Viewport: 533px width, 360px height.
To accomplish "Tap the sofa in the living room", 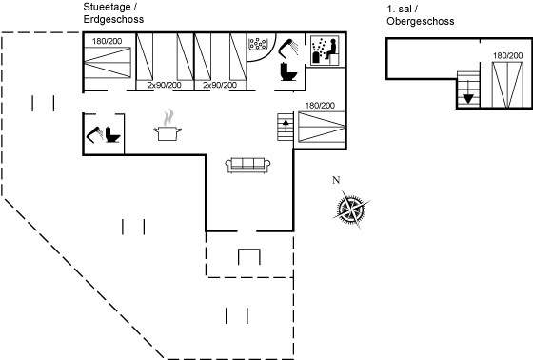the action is [x=247, y=166].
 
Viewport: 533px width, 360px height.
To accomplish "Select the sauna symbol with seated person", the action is [x=325, y=50].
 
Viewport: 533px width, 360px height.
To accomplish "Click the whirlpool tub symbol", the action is [x=258, y=44].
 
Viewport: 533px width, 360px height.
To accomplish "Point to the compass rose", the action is [x=352, y=209].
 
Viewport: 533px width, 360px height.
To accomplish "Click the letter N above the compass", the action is [x=336, y=180].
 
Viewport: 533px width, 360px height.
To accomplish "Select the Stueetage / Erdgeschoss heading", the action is [x=113, y=13].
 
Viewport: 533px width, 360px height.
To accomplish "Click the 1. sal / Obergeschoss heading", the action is [x=420, y=15].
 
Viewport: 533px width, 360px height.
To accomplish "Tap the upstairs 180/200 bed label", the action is [x=508, y=55].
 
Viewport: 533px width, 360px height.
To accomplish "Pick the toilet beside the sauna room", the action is [x=288, y=71].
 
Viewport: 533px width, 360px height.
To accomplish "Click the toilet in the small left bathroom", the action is [x=112, y=134].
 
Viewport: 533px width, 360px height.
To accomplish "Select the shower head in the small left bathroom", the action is [x=95, y=134].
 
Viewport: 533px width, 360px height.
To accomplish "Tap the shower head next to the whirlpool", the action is [x=288, y=49].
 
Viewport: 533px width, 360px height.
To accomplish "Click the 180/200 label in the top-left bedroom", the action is [x=107, y=41].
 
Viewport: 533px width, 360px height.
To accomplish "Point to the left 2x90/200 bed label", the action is [x=164, y=85].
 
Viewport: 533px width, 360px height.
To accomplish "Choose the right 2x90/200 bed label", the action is [x=220, y=85].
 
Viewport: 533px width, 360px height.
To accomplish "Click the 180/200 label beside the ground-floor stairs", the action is [x=320, y=106].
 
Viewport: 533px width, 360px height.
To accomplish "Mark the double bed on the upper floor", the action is [x=507, y=85].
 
